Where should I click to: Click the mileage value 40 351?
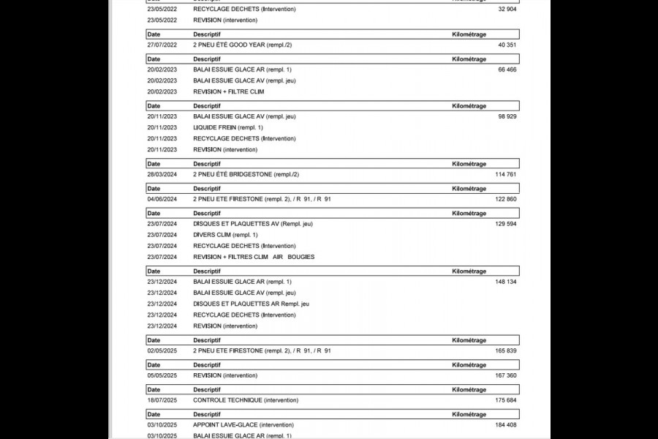pyautogui.click(x=507, y=45)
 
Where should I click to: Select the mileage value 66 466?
pyautogui.click(x=507, y=70)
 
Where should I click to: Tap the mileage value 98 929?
pyautogui.click(x=507, y=116)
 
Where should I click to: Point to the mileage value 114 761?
pyautogui.click(x=505, y=174)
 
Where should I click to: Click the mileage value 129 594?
pyautogui.click(x=505, y=224)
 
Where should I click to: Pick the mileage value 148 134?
pyautogui.click(x=505, y=282)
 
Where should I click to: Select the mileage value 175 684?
pyautogui.click(x=505, y=400)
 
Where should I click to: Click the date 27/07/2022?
pyautogui.click(x=162, y=45)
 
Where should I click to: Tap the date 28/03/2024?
pyautogui.click(x=162, y=174)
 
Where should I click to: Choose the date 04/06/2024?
pyautogui.click(x=162, y=199)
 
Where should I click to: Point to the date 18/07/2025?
pyautogui.click(x=162, y=400)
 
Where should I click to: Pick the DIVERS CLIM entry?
pyautogui.click(x=225, y=235)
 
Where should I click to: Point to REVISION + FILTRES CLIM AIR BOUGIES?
pyautogui.click(x=254, y=257)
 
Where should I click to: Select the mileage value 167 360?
pyautogui.click(x=505, y=375)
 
